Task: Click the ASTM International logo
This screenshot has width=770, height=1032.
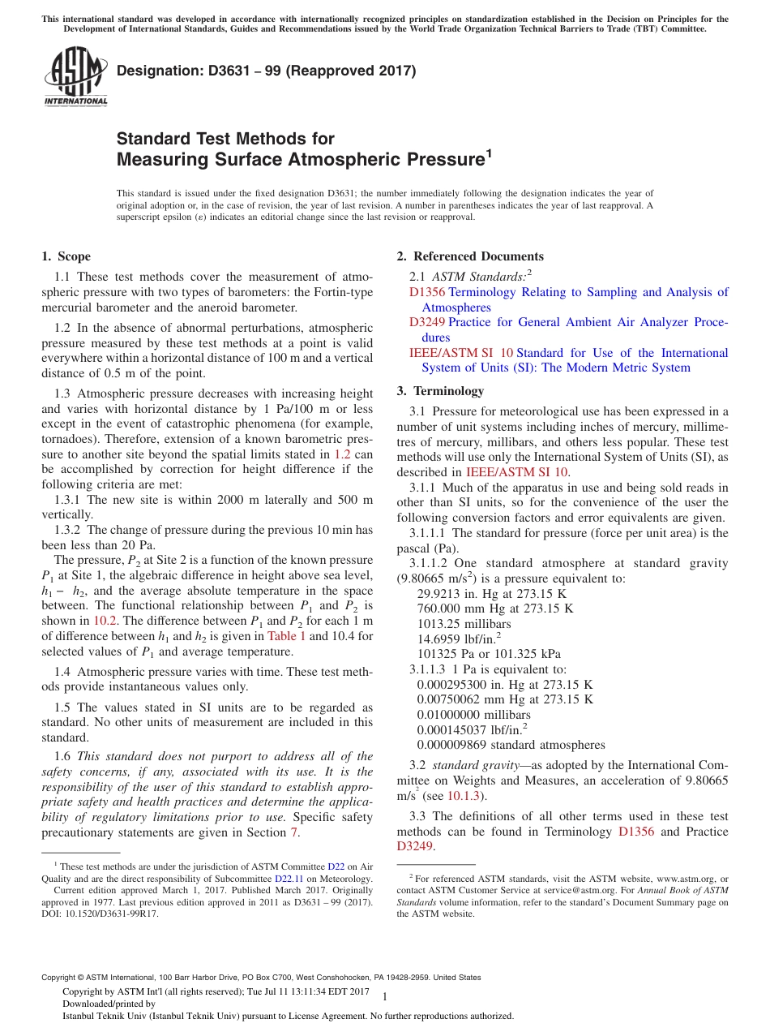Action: (x=75, y=77)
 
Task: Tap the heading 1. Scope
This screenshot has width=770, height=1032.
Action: (x=66, y=256)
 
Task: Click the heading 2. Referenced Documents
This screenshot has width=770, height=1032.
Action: (x=470, y=256)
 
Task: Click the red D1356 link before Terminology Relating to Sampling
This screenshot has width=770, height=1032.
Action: (x=427, y=292)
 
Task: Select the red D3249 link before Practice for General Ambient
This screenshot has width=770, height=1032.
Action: (x=427, y=322)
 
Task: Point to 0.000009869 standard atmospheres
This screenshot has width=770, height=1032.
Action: (x=511, y=745)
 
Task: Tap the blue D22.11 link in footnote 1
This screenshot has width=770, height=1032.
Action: (x=289, y=878)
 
